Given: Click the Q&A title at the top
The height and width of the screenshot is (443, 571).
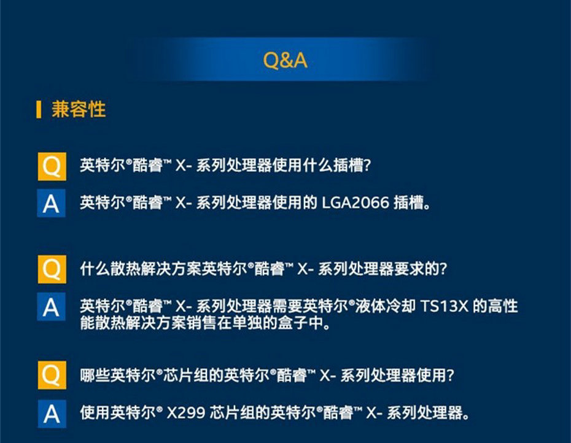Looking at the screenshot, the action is [285, 60].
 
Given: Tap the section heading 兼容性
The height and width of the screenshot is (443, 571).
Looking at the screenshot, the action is [79, 109].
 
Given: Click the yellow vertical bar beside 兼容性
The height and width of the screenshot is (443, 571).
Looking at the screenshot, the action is [39, 110].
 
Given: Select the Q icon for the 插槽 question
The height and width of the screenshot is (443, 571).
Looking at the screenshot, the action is [52, 166].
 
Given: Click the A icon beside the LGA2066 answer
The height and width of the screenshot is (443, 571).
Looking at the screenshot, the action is [52, 203].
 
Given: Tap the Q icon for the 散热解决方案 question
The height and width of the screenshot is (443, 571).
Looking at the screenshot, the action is [52, 269].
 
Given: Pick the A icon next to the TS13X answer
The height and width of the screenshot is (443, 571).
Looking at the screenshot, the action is [52, 307].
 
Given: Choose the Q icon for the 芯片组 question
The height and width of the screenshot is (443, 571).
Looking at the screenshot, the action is [52, 375].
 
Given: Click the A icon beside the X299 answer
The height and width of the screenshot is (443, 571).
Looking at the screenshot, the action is [52, 414].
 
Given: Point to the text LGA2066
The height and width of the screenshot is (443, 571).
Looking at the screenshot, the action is [355, 202].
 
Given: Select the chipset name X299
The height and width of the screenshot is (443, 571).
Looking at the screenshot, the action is [185, 413].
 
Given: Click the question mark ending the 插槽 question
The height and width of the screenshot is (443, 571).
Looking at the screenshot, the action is [367, 166].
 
